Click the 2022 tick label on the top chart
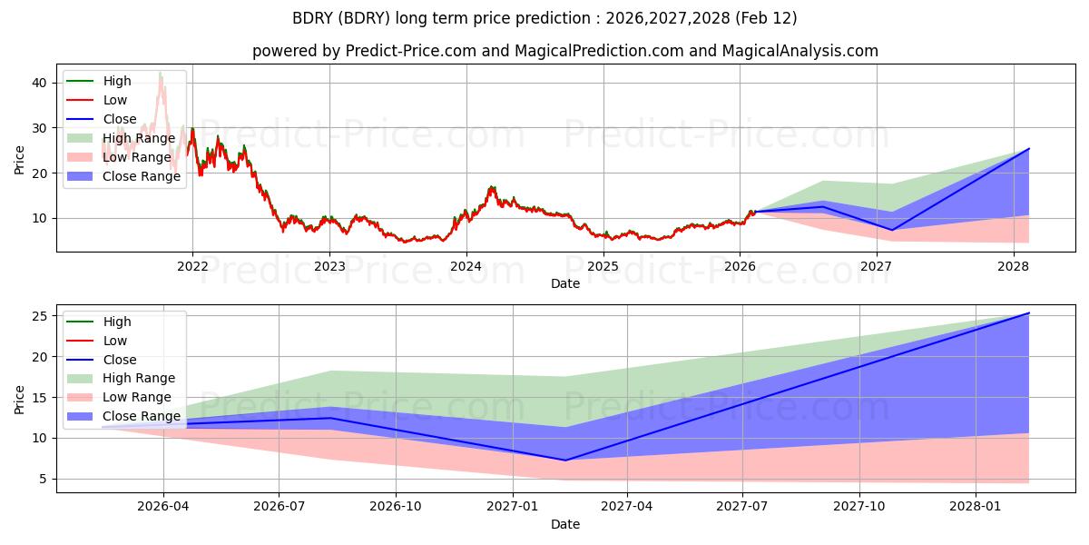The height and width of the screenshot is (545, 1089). (192, 266)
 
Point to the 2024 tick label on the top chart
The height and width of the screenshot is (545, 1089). (466, 266)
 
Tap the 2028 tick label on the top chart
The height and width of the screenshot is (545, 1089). (1014, 266)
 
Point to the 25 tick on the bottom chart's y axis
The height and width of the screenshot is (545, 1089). (41, 316)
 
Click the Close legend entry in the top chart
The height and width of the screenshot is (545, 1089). (120, 119)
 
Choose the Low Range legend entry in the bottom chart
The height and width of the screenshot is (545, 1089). (135, 397)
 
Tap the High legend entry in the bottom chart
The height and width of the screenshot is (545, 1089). (117, 322)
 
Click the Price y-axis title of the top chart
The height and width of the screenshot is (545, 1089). (20, 158)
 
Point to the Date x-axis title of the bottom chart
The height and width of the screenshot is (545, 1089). (565, 524)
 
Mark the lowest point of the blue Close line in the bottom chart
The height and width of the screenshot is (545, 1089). (564, 461)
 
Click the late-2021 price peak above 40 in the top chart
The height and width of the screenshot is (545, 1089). (161, 72)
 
